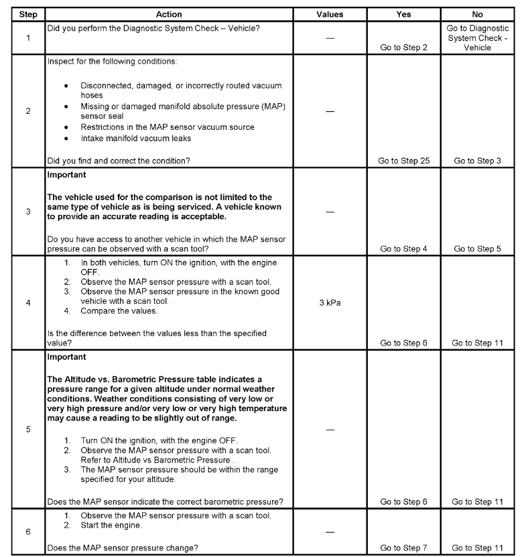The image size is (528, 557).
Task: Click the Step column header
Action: pos(27,14)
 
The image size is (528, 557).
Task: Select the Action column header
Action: pos(169,14)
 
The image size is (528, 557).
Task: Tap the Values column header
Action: pos(329,14)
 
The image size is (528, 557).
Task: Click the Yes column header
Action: pos(403,14)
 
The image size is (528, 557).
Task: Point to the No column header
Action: pos(476,14)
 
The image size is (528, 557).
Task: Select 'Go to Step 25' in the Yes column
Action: pos(404,161)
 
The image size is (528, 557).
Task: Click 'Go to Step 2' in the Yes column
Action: pos(404,48)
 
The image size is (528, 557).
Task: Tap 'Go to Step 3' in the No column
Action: pos(477,161)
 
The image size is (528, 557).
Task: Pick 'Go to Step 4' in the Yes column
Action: pos(404,248)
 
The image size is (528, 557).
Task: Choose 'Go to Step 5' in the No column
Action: pos(477,248)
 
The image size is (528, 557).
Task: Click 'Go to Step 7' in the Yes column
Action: pos(404,548)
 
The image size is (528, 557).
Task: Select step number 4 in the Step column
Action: pos(27,302)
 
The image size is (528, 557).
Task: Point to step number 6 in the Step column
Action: pos(27,531)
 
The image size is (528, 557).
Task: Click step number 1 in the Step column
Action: pos(27,37)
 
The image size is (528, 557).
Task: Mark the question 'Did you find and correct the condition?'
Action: pos(119,161)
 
